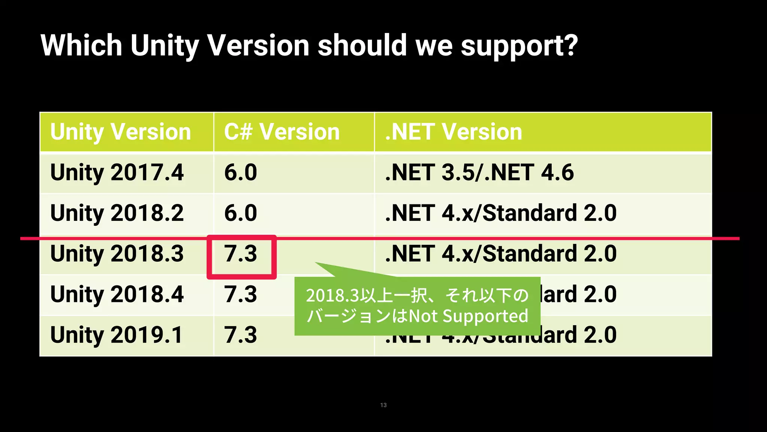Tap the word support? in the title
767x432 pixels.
click(519, 46)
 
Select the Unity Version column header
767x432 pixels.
click(121, 132)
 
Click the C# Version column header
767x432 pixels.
click(282, 132)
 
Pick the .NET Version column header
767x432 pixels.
click(453, 132)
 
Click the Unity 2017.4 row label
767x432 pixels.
click(117, 172)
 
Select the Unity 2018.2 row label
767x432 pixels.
click(117, 213)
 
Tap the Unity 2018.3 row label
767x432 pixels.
click(117, 253)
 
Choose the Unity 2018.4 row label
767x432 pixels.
click(117, 294)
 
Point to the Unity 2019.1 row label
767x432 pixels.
click(117, 335)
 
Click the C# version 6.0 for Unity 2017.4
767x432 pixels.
click(240, 172)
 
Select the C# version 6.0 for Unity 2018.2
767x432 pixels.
click(240, 213)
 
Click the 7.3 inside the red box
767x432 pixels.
click(240, 253)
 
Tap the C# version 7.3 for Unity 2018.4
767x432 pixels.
click(240, 294)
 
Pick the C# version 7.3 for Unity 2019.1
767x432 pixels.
click(240, 335)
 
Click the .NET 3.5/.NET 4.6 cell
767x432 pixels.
click(479, 172)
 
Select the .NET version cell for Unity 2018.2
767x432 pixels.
click(501, 213)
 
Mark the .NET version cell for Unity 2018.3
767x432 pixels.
click(501, 253)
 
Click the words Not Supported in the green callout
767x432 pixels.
click(468, 316)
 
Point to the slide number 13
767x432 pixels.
click(383, 405)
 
